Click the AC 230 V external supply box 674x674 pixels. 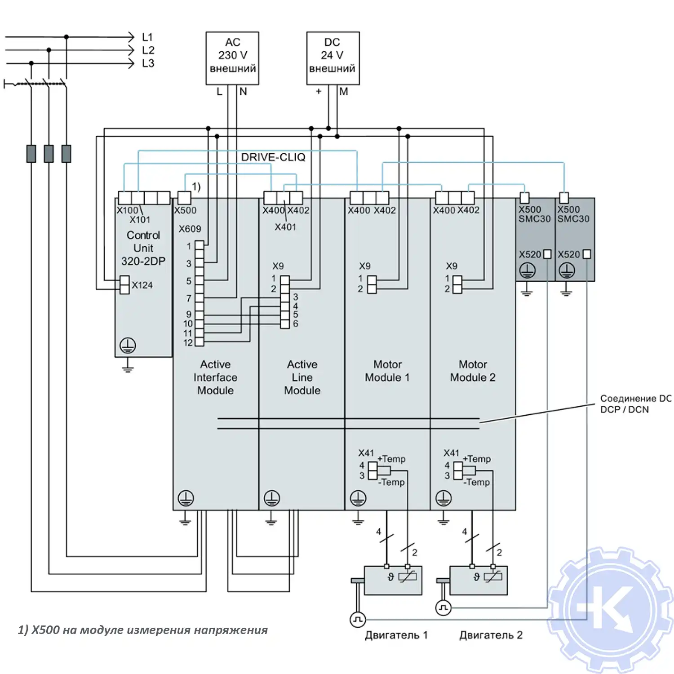pos(232,58)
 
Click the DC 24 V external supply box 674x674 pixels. pos(333,58)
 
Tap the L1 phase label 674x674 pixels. pos(147,37)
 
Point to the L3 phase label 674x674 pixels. pos(148,63)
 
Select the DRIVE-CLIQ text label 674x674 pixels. pos(273,157)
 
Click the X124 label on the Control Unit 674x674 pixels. pos(142,285)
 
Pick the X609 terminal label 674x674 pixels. pos(190,229)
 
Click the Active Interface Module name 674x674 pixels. pos(215,377)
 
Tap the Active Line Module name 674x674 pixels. pos(302,377)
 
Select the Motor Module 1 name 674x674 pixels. pos(387,371)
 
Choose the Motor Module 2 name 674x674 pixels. pos(473,371)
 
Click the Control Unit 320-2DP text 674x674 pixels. pos(143,248)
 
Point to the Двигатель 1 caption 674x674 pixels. pos(396,635)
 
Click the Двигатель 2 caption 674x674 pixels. pos(491,635)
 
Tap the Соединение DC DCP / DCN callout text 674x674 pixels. pos(635,404)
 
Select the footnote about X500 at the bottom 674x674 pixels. pos(142,630)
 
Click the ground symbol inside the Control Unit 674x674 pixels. pos(128,346)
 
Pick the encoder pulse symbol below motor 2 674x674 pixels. pos(443,608)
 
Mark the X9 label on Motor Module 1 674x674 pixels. pos(365,266)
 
